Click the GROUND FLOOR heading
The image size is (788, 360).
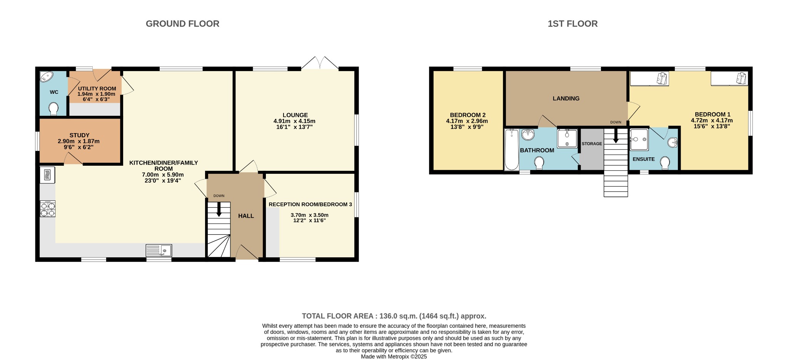182,24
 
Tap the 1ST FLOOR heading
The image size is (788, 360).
573,24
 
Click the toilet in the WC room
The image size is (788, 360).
54,109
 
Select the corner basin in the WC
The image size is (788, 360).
47,77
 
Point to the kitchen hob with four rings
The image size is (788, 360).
48,209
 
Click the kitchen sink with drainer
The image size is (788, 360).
159,251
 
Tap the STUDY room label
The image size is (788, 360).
80,135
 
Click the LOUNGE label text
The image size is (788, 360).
295,115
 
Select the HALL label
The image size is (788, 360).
246,216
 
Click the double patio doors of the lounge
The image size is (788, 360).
320,63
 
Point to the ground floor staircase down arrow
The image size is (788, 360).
219,209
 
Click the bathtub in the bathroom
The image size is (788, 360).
511,149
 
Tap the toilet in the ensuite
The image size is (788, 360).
665,163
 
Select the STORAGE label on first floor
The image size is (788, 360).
592,144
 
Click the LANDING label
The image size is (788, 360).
566,98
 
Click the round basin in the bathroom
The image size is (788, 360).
528,135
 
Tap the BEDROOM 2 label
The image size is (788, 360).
467,115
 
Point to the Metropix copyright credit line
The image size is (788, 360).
394,357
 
